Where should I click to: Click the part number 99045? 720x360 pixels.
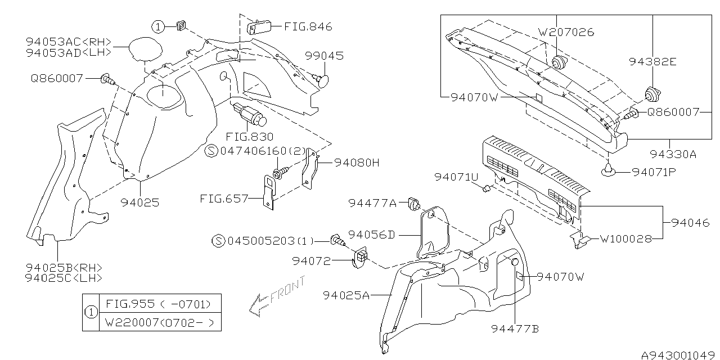coord(324,56)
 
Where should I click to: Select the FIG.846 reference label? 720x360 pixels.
coord(308,26)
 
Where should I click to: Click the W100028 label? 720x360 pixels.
coord(625,238)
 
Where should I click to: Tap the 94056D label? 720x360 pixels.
coord(371,234)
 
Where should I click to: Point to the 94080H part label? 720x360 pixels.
coord(357,163)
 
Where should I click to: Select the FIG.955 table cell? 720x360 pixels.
coord(159,304)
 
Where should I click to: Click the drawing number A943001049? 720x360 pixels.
coord(679,355)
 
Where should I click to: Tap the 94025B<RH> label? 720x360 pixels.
coord(64,267)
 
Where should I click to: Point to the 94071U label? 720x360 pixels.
coord(456,177)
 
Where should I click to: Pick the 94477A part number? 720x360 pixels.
coord(372,202)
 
